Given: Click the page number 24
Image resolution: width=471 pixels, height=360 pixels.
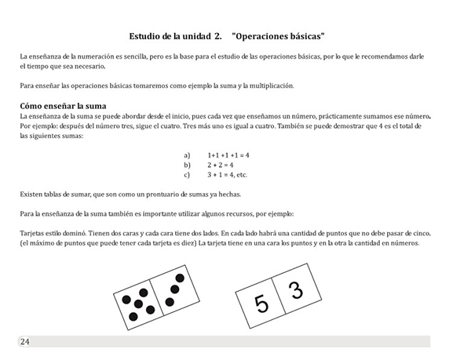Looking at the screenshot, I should tap(25, 342).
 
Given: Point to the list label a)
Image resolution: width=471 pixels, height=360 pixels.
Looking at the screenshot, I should tap(187, 155).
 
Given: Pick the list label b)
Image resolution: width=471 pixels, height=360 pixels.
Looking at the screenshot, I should tap(187, 165).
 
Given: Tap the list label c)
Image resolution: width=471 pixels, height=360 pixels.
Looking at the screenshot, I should tap(187, 175).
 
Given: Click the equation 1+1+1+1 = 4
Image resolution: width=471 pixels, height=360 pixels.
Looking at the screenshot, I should tap(228, 155).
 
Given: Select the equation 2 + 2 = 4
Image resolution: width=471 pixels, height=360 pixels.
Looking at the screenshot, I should tap(221, 165).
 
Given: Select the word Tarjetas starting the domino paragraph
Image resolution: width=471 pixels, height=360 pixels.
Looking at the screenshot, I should tap(34, 234).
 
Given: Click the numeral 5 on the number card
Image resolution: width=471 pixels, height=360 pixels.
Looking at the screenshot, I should tap(261, 304).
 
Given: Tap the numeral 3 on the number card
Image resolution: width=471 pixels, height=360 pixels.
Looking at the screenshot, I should tap(295, 292).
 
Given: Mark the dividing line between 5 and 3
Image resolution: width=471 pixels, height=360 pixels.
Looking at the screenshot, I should tap(279, 298).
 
